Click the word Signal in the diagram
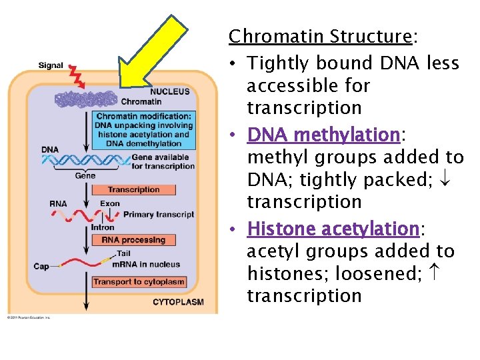pos(51,65)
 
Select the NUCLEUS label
pos(169,91)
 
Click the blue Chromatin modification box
pos(143,129)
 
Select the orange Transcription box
pos(133,190)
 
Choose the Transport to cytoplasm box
pos(139,282)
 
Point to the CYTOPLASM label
pos(178,302)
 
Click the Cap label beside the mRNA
pos(41,267)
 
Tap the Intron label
pos(103,228)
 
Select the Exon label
pos(110,203)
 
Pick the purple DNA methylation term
pos(323,135)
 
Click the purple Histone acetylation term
pos(333,229)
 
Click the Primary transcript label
pos(159,214)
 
